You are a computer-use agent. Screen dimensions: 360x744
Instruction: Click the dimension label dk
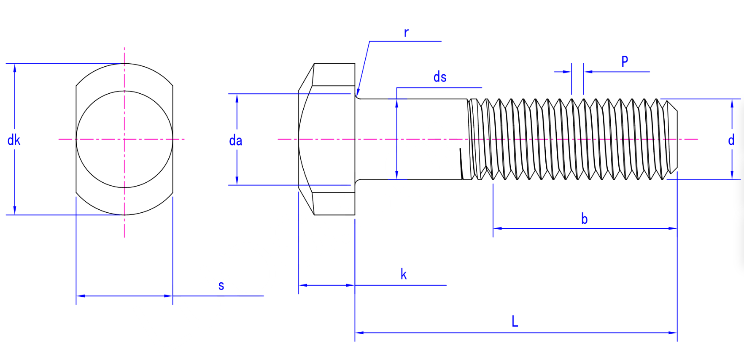tap(13, 140)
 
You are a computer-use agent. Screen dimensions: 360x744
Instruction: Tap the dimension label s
tap(221, 286)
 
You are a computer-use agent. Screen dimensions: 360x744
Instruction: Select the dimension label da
tap(235, 141)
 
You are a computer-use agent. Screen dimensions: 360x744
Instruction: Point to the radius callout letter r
tap(406, 32)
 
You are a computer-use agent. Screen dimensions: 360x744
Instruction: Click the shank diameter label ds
tap(439, 77)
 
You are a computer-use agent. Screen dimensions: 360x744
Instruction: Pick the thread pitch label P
tap(625, 62)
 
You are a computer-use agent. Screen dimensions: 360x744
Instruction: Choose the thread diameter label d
tap(731, 140)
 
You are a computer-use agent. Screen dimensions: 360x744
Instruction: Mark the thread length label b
tap(584, 219)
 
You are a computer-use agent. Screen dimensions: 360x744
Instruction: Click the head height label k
tap(404, 275)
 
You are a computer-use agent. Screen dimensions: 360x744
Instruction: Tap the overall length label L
tap(515, 322)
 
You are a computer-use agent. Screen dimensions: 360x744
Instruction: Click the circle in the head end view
tap(124, 139)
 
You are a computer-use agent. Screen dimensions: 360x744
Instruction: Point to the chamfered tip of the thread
tap(672, 139)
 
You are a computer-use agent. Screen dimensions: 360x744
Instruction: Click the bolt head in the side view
tap(327, 139)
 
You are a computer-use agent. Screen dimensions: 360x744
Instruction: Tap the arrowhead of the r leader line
tap(358, 93)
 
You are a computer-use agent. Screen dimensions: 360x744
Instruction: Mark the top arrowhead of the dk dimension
tap(15, 68)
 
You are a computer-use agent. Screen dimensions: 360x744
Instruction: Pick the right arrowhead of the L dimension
tap(673, 333)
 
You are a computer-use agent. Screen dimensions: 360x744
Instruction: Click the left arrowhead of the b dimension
tap(497, 228)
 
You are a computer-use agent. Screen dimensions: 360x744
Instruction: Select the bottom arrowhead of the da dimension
tap(237, 181)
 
